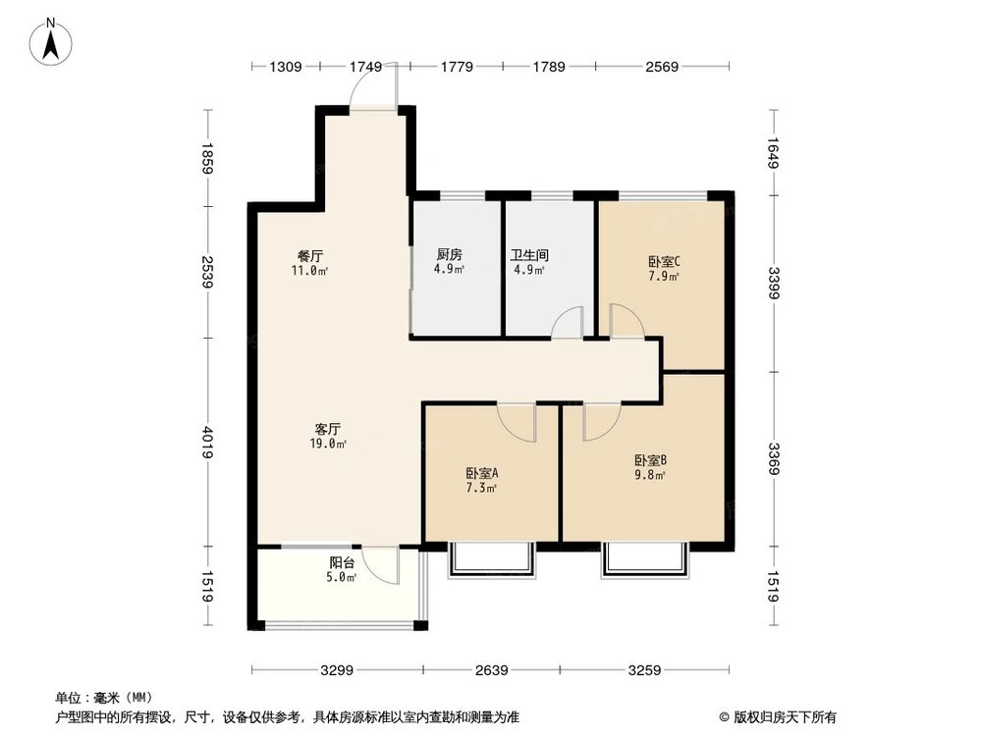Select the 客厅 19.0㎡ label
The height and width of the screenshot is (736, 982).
tap(327, 436)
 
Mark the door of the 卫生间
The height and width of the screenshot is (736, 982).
tap(567, 323)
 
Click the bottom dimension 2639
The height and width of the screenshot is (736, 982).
tap(491, 671)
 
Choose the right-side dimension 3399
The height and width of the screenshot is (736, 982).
tap(774, 285)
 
